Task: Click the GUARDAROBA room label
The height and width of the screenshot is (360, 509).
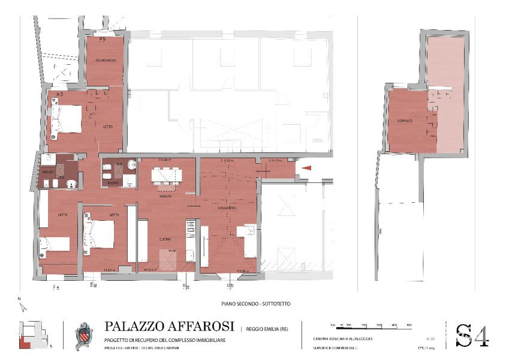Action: [105, 61]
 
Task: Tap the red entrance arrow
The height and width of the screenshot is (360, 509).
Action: [305, 169]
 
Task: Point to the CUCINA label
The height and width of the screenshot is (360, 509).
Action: [167, 239]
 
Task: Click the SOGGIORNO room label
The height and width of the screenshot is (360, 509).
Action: [227, 208]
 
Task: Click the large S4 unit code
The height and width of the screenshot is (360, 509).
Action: [472, 335]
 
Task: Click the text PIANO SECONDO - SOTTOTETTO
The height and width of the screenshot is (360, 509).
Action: [256, 304]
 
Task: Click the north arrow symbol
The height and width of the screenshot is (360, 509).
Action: [21, 306]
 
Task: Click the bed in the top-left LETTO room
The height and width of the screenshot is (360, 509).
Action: [67, 119]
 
